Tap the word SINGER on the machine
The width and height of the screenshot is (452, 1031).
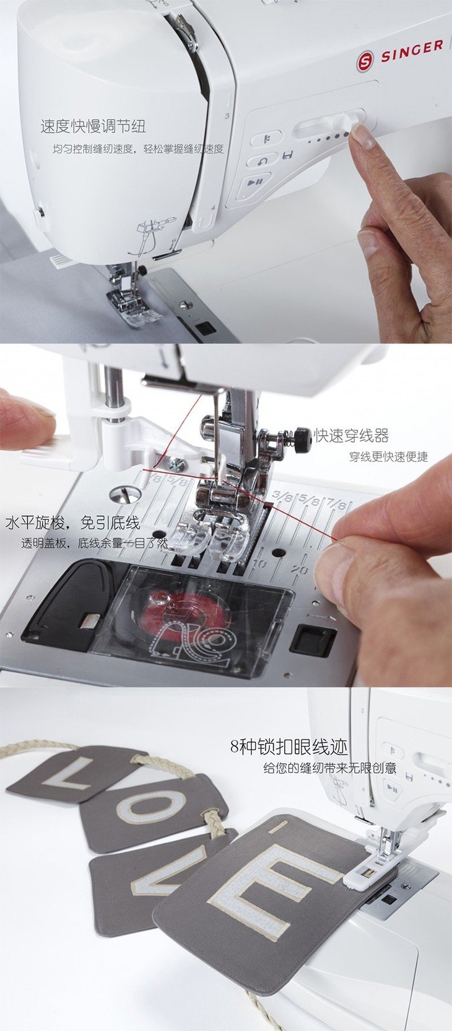412,51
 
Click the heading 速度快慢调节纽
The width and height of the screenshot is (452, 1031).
93,126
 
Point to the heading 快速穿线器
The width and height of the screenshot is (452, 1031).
351,435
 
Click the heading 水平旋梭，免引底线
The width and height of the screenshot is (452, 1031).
72,523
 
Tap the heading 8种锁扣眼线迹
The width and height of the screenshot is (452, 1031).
289,746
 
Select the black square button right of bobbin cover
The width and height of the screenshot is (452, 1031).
313,639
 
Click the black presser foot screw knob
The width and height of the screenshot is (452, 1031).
303,434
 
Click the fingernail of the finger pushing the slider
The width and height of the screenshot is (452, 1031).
364,137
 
